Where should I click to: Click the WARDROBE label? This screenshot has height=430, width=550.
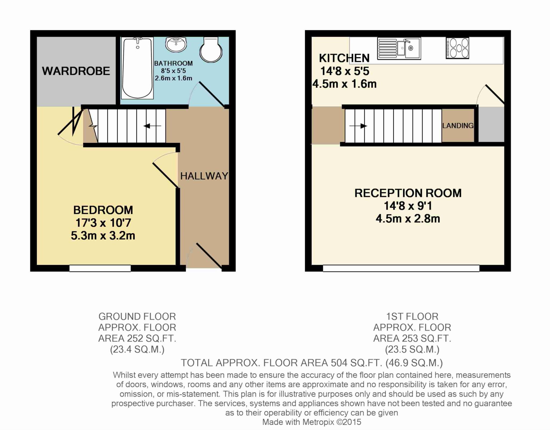76,71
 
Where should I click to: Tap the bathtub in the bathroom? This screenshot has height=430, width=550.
137,68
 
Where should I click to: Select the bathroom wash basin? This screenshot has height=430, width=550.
176,45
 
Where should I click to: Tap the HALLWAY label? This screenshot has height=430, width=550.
204,176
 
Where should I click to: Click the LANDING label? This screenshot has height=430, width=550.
458,126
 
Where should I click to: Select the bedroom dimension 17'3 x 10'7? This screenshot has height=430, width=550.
103,223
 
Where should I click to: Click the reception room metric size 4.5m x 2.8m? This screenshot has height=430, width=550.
408,219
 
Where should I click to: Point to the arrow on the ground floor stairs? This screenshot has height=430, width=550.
152,126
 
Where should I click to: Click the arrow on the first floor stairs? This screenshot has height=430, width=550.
360,126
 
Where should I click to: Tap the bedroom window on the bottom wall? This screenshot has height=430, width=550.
100,268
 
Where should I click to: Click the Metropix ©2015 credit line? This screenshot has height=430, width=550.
312,422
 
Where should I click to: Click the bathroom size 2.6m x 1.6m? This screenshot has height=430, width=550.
173,78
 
